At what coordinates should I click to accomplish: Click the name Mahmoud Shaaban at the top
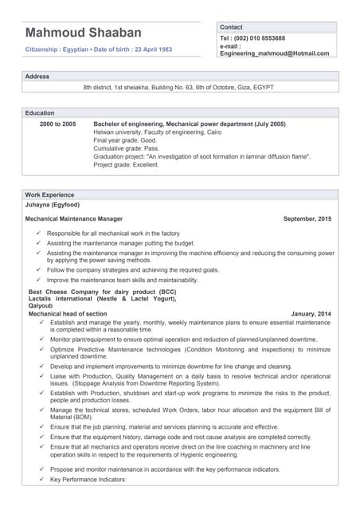click(x=83, y=33)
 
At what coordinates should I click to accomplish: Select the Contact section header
click(x=231, y=27)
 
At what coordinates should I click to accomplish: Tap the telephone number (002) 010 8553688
click(x=252, y=38)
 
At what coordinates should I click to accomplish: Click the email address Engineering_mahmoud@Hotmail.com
click(x=274, y=53)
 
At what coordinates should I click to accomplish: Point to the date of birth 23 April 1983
click(x=145, y=49)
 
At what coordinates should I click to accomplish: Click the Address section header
click(x=37, y=76)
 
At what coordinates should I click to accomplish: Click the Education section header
click(x=40, y=113)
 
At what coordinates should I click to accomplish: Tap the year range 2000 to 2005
click(x=58, y=124)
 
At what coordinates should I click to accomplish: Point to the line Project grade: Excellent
click(x=126, y=165)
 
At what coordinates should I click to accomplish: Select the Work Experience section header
click(x=49, y=194)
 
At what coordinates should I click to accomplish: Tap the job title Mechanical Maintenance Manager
click(x=74, y=218)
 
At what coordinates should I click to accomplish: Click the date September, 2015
click(x=307, y=218)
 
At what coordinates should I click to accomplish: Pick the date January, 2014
click(x=311, y=314)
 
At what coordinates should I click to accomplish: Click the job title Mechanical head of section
click(x=68, y=314)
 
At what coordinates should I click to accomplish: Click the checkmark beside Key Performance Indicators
click(x=41, y=480)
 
